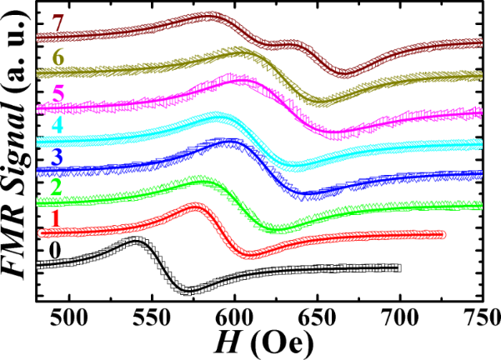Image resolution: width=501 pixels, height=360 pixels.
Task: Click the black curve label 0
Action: point(55,250)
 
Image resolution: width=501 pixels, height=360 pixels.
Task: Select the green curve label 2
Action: point(55,187)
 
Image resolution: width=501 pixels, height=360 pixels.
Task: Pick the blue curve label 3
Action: point(55,156)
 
